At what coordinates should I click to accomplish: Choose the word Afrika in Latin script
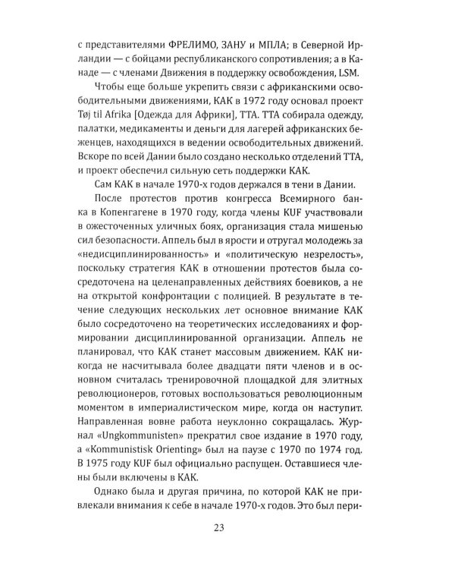pyautogui.click(x=127, y=124)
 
